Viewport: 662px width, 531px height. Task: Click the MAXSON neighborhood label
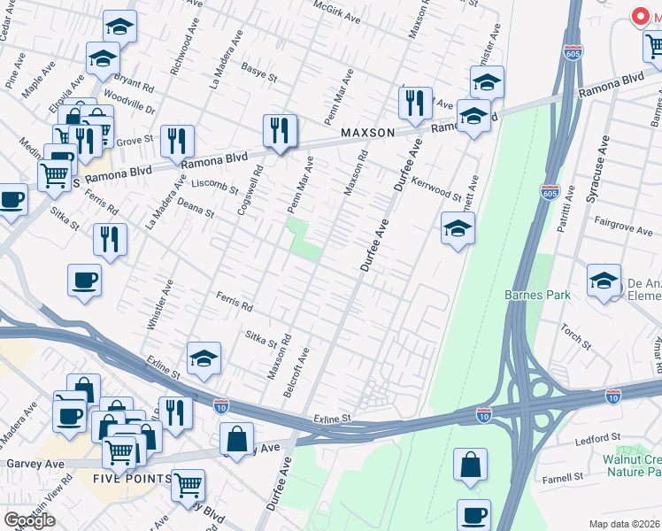click(x=367, y=133)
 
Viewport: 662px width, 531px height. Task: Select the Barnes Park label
click(x=537, y=295)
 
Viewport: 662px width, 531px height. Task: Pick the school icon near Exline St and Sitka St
click(x=204, y=358)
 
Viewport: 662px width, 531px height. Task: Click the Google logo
click(x=30, y=520)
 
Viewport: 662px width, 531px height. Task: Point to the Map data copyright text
click(x=622, y=524)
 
